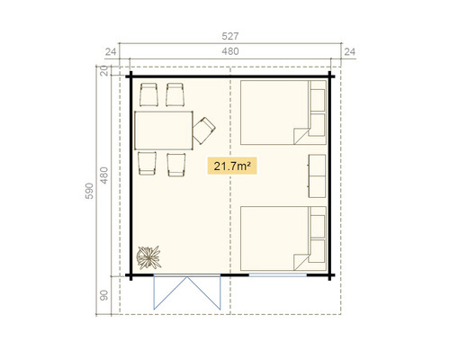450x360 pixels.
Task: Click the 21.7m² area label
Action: pos(229,166)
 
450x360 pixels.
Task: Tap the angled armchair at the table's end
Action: pos(206,130)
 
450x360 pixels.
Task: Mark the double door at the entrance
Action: pos(187,290)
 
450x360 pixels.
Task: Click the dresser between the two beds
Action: pos(317,175)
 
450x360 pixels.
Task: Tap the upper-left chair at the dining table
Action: pos(148,94)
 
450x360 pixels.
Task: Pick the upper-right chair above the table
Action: pos(175,94)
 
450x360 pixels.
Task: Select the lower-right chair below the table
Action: pos(175,163)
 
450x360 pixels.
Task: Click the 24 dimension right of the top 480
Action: pos(348,52)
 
